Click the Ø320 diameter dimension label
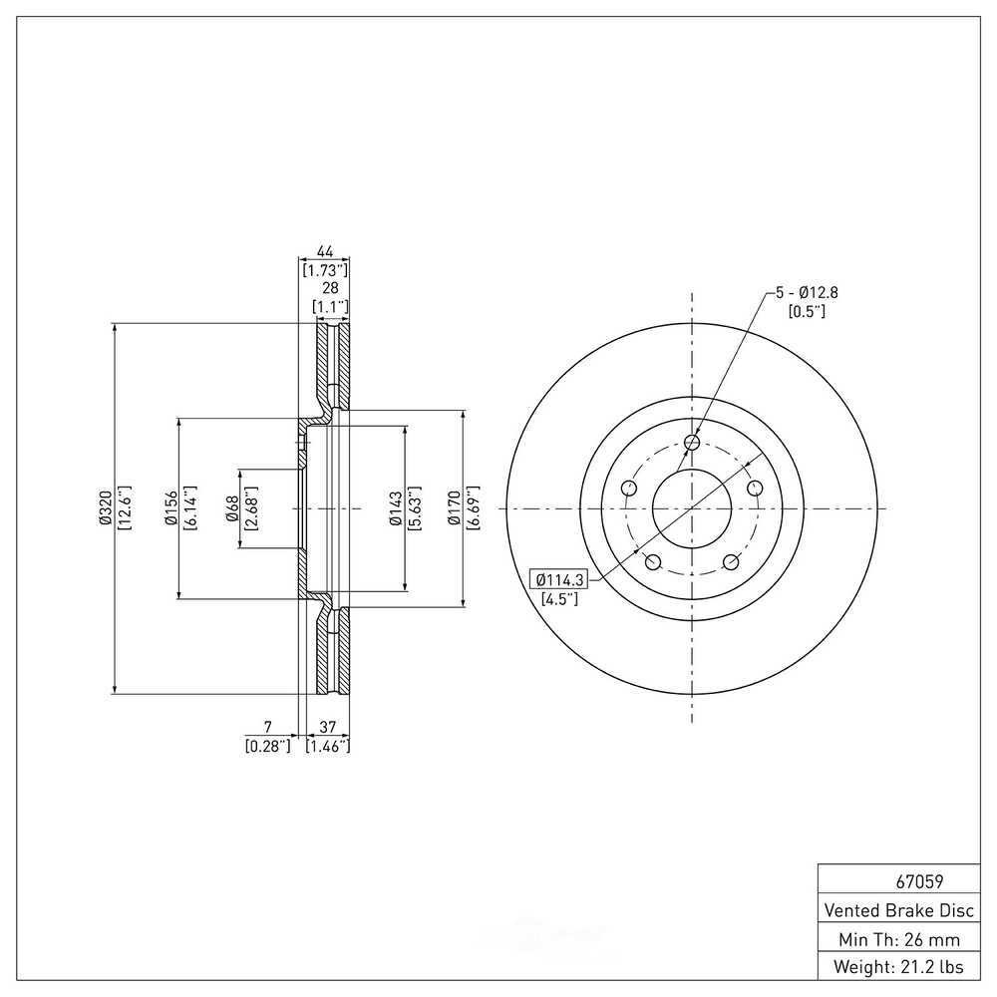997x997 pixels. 106,508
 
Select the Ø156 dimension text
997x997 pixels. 170,508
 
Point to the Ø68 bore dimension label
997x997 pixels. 232,508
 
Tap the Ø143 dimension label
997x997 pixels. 396,508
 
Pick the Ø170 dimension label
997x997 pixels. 454,508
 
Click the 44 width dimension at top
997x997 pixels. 324,252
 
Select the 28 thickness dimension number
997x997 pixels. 330,288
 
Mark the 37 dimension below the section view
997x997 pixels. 327,727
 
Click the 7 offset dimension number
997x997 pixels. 267,727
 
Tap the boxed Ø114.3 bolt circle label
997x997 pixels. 559,579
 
